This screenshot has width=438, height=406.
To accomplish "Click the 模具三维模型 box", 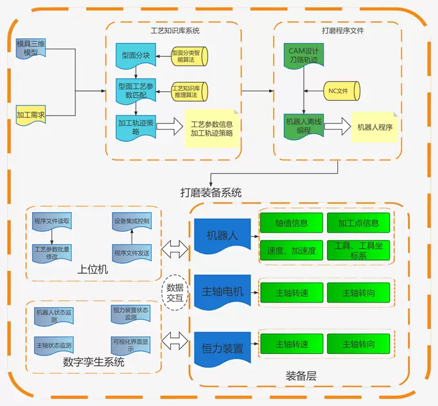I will coord(31,48).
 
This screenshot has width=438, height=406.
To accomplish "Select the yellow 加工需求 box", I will coord(31,115).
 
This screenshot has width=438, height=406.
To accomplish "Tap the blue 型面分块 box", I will coord(136,56).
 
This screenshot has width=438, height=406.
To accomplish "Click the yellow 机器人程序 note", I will coord(374,127).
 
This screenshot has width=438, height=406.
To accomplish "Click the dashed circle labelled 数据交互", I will coord(175,292).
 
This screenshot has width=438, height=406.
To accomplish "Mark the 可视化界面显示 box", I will coord(132,345).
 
